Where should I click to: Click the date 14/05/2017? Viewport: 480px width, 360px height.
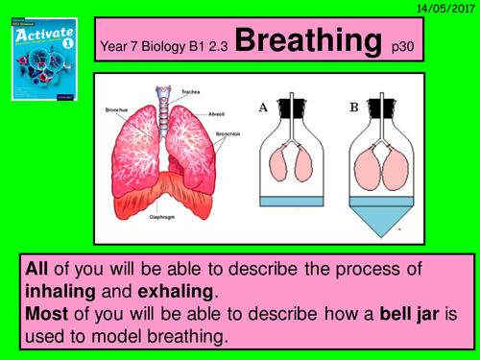tap(445, 8)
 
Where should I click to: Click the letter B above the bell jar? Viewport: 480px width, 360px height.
tap(353, 107)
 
